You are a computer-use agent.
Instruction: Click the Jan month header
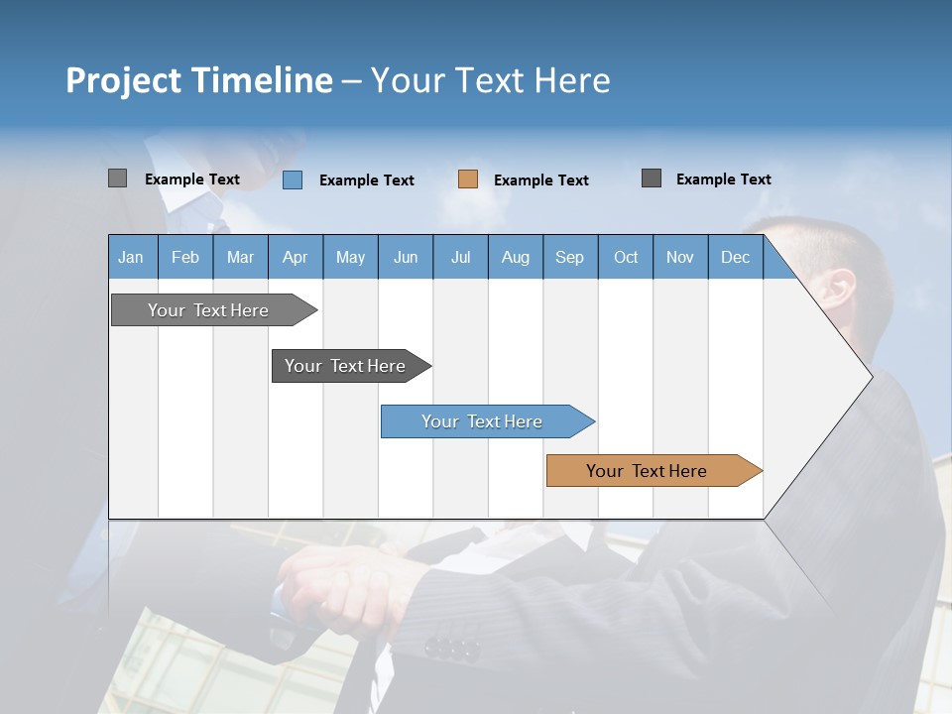131,258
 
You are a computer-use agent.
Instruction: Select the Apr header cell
295,258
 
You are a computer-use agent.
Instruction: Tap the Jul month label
460,258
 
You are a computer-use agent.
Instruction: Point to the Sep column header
569,258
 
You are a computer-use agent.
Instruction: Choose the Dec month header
735,258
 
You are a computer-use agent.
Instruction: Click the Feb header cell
185,258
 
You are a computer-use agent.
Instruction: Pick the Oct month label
626,258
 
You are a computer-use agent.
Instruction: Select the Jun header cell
406,258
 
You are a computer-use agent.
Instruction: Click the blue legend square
293,179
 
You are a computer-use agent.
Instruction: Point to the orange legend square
468,179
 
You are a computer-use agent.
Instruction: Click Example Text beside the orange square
540,180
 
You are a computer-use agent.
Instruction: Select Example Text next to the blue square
366,180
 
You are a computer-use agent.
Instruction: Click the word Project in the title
124,80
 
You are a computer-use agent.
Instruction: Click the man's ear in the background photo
838,290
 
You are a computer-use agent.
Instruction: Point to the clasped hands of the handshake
337,585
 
